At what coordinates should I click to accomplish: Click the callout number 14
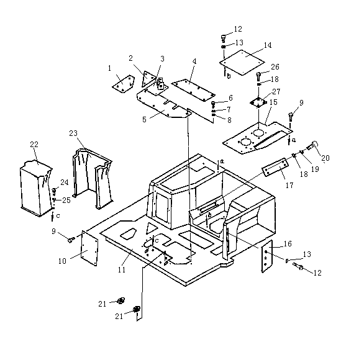point(268,45)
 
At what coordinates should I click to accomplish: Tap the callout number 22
point(34,144)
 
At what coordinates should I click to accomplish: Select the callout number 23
point(73,133)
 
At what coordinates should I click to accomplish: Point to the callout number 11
point(122,269)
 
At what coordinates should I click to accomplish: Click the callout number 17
point(289,185)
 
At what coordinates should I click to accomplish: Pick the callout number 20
point(325,158)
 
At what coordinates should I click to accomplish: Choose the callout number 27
point(276,92)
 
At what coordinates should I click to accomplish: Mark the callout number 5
point(144,119)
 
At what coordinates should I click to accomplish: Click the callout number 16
point(288,244)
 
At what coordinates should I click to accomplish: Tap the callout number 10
point(62,261)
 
